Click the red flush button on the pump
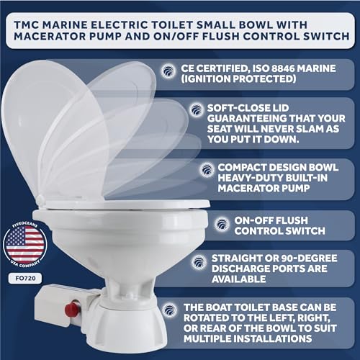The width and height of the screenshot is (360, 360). click(72, 309)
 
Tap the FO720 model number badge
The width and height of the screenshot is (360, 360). click(25, 279)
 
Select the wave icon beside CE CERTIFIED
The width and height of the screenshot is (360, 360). click(168, 71)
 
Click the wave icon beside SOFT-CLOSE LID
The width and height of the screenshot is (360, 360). click(197, 110)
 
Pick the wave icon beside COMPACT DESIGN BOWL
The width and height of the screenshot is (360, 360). click(207, 169)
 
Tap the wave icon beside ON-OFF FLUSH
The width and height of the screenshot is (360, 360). click(222, 224)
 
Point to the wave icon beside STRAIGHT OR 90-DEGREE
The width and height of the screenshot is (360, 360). click(199, 262)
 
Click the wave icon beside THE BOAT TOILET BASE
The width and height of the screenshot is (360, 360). click(170, 310)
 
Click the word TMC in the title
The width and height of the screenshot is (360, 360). click(27, 25)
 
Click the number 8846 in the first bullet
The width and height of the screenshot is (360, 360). click(281, 68)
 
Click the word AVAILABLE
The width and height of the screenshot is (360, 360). click(239, 279)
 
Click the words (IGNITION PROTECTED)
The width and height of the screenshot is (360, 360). click(238, 79)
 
